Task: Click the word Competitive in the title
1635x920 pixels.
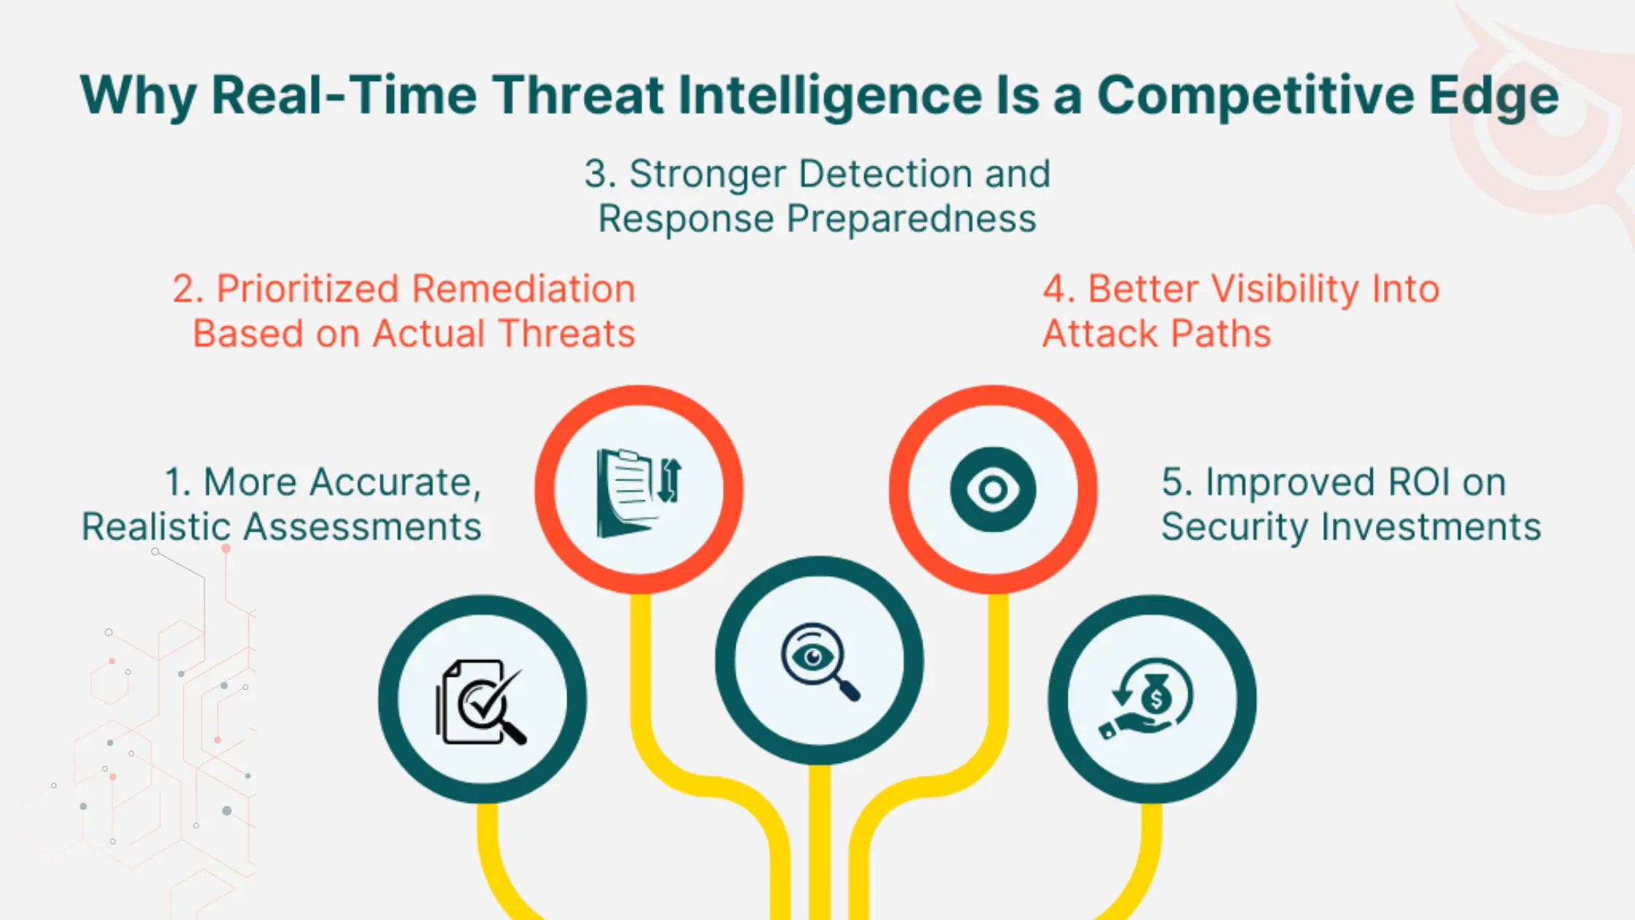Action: tap(1255, 96)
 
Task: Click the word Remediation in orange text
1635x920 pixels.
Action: tap(523, 288)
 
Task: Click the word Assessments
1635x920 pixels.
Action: tap(362, 527)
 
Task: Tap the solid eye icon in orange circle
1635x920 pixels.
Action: tap(993, 489)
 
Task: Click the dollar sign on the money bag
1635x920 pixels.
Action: tap(1156, 699)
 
